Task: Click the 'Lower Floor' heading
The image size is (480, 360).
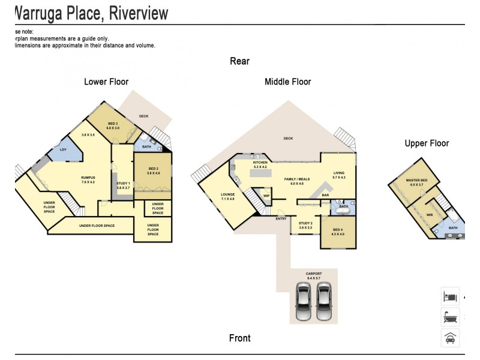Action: click(106, 82)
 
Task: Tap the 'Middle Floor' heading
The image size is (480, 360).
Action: click(287, 82)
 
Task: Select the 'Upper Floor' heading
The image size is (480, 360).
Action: click(427, 143)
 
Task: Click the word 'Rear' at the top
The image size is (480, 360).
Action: click(239, 61)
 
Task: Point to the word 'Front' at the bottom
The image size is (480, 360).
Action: click(239, 338)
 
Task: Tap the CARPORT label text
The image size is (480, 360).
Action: click(314, 274)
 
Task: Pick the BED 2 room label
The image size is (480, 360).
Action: click(154, 169)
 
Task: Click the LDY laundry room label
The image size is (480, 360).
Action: click(63, 150)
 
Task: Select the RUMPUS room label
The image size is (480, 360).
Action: click(88, 178)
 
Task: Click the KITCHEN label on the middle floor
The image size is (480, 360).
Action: click(260, 163)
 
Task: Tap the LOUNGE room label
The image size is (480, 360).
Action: click(227, 194)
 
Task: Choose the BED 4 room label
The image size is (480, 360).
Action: click(338, 230)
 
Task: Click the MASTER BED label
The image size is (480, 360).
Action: click(416, 181)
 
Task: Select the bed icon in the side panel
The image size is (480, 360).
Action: click(450, 296)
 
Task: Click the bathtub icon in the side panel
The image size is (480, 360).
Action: click(450, 317)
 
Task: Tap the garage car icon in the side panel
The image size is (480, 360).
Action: click(450, 338)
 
